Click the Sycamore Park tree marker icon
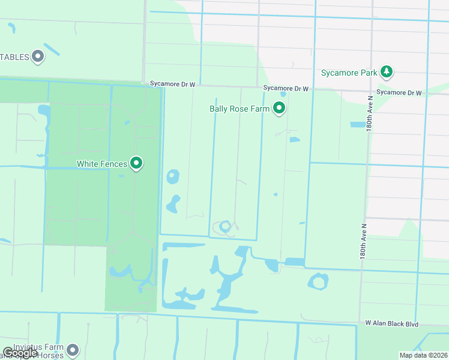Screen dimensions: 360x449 [x=387, y=73]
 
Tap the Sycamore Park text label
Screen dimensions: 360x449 [x=349, y=73]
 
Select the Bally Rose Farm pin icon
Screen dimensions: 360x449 [x=279, y=109]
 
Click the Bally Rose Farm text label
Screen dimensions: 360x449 [x=239, y=109]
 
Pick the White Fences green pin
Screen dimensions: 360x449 [x=136, y=163]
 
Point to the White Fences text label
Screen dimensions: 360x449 [x=101, y=164]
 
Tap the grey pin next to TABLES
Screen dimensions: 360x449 [x=38, y=57]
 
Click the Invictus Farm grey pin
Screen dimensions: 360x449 [x=73, y=349]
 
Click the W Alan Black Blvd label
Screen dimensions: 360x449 [x=391, y=323]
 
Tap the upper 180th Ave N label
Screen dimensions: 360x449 [x=369, y=109]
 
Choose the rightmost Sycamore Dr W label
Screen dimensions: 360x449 [x=399, y=92]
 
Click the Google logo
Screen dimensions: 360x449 [x=20, y=353]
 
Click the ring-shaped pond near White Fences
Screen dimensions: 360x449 [x=173, y=177]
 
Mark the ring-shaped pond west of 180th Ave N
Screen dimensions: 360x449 [x=318, y=281]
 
